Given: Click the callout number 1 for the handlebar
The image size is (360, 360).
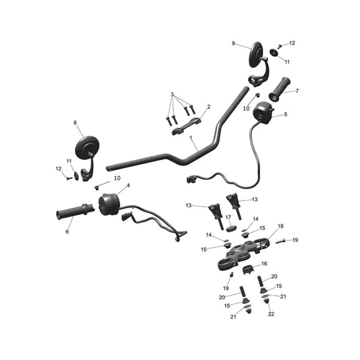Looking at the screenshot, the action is [190, 137].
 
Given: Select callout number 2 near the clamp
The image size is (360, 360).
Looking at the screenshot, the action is [209, 107].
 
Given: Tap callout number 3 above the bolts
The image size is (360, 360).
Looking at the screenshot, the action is [172, 95].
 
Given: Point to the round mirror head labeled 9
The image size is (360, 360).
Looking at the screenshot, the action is [255, 55].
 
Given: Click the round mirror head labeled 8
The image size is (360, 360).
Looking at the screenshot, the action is [87, 147].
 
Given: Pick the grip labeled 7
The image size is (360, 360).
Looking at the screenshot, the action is [280, 90].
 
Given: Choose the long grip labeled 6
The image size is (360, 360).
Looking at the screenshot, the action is [75, 211].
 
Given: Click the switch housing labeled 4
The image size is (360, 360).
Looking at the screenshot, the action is [109, 205].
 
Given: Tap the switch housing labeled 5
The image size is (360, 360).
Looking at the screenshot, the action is [263, 113].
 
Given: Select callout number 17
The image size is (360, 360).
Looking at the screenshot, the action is [228, 217].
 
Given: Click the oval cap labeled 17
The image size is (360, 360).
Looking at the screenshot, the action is [232, 229].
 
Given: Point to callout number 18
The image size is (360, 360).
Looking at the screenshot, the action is [280, 226].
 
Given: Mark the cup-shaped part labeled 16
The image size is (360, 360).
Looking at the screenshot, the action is [248, 269].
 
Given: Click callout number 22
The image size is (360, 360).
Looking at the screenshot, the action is [271, 314].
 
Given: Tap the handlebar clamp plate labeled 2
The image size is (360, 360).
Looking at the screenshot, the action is [186, 126].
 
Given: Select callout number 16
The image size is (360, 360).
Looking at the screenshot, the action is [265, 263].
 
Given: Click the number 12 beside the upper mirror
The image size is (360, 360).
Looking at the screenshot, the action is [292, 43].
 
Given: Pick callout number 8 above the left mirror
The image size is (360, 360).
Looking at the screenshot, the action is [75, 123].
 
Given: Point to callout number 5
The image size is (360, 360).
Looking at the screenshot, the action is [286, 114].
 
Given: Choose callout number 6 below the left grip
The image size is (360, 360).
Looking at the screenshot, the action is [67, 232].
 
